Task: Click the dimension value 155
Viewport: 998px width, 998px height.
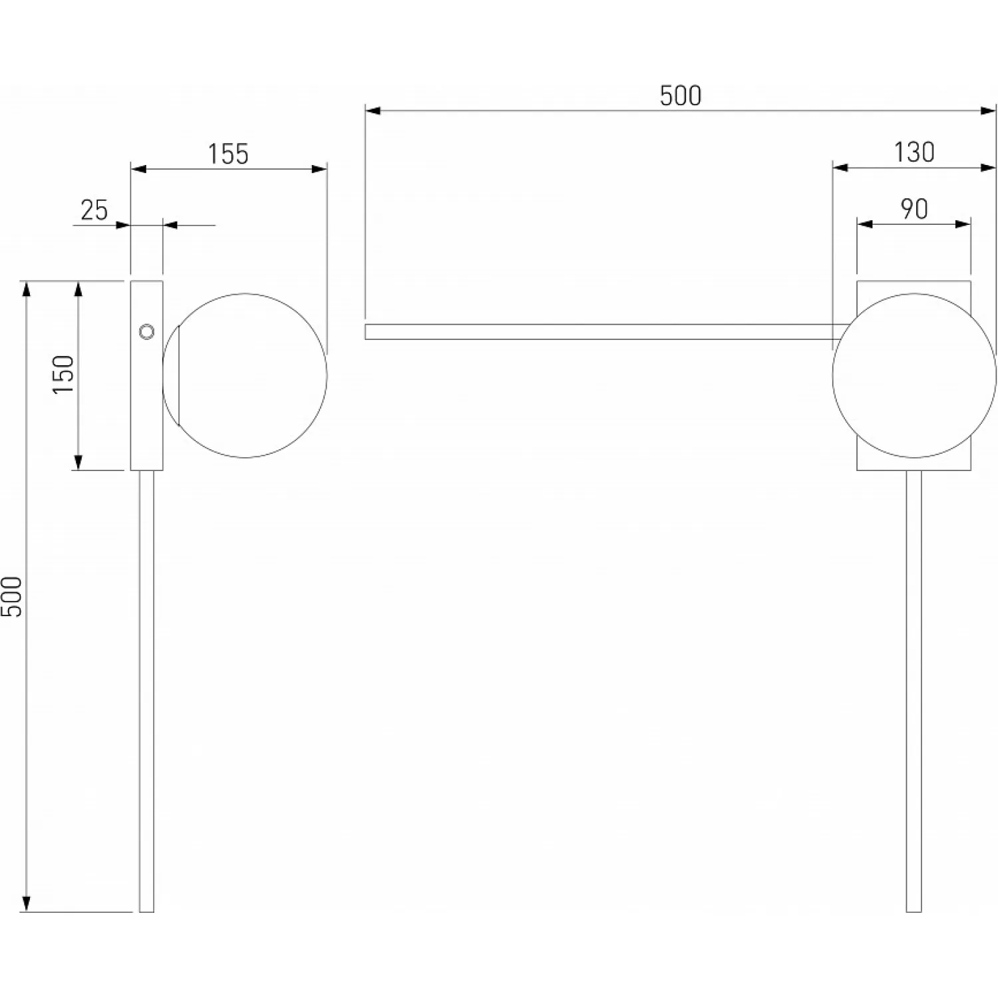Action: point(228,154)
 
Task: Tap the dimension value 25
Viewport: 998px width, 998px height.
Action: point(94,210)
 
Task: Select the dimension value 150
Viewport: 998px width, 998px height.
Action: point(64,374)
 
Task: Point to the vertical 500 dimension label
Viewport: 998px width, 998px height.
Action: point(12,596)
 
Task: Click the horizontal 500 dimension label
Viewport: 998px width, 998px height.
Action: point(681,96)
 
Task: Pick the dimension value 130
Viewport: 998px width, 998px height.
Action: point(914,152)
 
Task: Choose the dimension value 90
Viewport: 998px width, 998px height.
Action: point(914,209)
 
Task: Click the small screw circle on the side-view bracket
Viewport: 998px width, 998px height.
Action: point(146,331)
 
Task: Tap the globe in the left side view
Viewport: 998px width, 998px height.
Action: point(245,375)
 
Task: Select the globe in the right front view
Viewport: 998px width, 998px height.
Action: point(914,375)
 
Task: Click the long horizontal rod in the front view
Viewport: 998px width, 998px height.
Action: point(605,332)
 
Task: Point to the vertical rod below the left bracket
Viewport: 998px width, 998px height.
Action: point(146,691)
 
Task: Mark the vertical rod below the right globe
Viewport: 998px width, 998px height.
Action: point(914,691)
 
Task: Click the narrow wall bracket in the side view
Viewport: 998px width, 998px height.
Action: point(146,375)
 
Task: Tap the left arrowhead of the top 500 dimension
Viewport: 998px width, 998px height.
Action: point(373,110)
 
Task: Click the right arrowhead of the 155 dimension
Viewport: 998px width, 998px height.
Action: point(319,169)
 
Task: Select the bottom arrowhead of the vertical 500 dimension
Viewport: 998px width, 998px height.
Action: point(26,904)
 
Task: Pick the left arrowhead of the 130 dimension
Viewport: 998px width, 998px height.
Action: point(841,168)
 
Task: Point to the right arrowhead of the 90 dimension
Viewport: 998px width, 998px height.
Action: point(963,224)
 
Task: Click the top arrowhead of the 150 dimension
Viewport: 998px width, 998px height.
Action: point(78,289)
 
